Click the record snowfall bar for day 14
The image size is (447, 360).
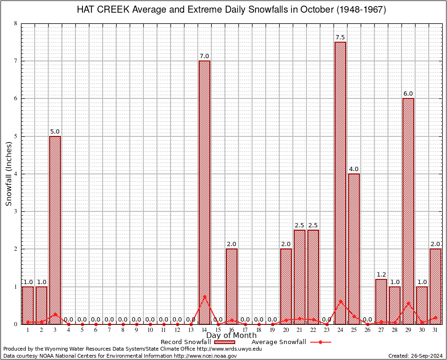point(204,192)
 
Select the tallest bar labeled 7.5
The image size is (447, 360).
point(340,183)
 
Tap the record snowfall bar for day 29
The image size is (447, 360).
point(408,211)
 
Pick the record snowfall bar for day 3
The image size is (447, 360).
point(55,230)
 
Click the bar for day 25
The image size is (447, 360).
point(354,248)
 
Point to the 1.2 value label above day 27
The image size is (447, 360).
point(381,274)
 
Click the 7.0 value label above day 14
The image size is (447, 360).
point(204,56)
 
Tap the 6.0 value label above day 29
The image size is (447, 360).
point(408,94)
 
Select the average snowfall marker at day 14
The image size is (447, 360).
point(204,296)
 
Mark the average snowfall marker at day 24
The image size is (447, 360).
point(340,301)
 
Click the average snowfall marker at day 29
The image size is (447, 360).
point(408,303)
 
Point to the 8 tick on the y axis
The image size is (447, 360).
point(16,23)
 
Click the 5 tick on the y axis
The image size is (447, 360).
point(16,136)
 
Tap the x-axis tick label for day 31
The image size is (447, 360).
point(435,330)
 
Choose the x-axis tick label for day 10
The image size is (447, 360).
point(150,330)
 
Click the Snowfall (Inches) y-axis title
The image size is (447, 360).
point(8,173)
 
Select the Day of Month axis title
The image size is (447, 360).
point(231,335)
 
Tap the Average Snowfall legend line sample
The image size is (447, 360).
point(320,342)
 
